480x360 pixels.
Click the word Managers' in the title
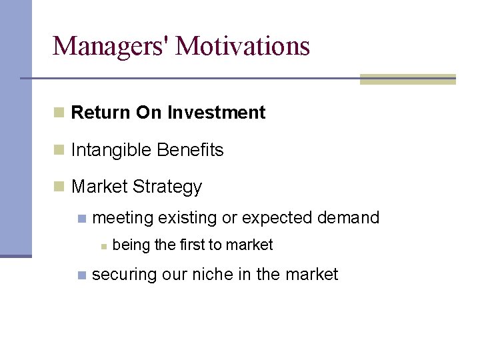pyautogui.click(x=111, y=46)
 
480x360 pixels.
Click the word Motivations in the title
pyautogui.click(x=243, y=46)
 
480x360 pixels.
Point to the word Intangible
pyautogui.click(x=111, y=151)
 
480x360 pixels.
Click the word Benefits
pyautogui.click(x=191, y=150)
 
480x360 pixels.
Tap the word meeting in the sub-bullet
pyautogui.click(x=123, y=218)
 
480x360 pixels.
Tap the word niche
pyautogui.click(x=215, y=274)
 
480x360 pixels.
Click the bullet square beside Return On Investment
pyautogui.click(x=59, y=113)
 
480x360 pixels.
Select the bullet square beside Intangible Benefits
pyautogui.click(x=59, y=150)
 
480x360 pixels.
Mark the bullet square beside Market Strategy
pyautogui.click(x=59, y=187)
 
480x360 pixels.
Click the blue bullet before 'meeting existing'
pyautogui.click(x=81, y=218)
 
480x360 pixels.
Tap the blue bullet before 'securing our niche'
pyautogui.click(x=81, y=275)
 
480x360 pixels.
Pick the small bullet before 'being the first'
pyautogui.click(x=103, y=246)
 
